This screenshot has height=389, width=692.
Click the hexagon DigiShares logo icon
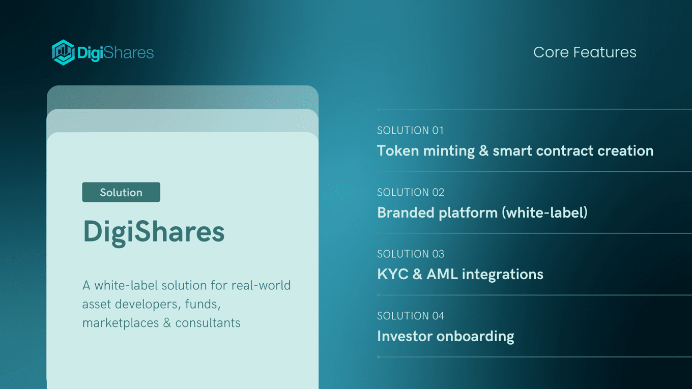tap(63, 52)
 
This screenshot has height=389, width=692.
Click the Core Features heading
tap(585, 52)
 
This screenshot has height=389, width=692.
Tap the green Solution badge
tap(121, 192)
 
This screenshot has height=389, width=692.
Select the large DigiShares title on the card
tap(154, 232)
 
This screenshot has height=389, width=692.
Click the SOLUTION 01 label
tap(410, 130)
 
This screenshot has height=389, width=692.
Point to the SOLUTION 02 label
tap(411, 192)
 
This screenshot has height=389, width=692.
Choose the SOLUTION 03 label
tap(411, 254)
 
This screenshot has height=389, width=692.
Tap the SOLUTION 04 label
tap(411, 316)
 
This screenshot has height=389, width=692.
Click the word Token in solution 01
tap(398, 151)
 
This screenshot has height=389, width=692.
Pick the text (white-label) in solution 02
tap(544, 213)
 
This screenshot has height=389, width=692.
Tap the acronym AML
tap(442, 274)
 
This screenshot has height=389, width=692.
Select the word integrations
tap(503, 275)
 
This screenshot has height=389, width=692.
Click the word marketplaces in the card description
tap(121, 323)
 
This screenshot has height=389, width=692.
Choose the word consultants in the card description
tap(208, 323)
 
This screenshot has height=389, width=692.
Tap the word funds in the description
tap(203, 304)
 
